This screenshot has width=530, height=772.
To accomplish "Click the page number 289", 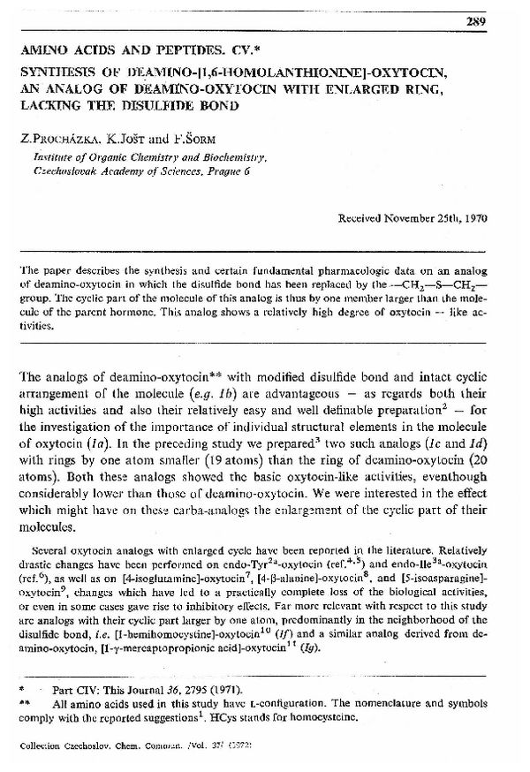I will [x=477, y=21].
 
